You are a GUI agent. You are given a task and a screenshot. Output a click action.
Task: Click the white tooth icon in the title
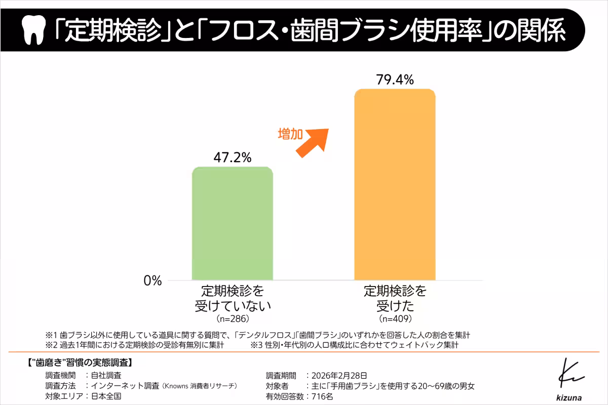33,31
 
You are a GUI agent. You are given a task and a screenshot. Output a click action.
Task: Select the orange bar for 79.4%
395,184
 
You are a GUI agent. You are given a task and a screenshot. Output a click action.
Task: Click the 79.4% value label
395,79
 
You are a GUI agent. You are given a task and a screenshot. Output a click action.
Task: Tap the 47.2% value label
233,157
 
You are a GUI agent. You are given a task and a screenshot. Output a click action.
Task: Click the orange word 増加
290,134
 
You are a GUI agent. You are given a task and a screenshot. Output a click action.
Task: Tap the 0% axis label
153,280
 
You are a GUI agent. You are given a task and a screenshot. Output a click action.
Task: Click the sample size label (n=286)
233,319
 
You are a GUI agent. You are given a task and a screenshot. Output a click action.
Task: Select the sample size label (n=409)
395,319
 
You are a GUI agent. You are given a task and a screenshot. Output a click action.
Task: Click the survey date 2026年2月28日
339,375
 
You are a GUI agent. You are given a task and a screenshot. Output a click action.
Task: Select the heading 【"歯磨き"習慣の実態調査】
79,362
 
